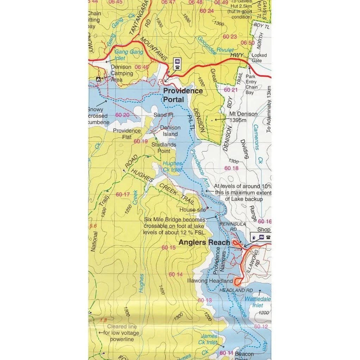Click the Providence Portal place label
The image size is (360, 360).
[x=183, y=95]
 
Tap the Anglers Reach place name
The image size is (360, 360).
[x=204, y=242]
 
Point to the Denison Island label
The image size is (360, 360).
[x=170, y=131]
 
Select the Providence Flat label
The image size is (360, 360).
[x=127, y=134]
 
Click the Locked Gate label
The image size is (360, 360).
[x=259, y=58]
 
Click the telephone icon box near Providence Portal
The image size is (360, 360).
[x=177, y=64]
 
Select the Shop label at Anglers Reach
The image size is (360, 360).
[x=264, y=230]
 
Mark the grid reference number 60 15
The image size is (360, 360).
[x=168, y=248]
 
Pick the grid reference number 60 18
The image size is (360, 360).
[x=231, y=168]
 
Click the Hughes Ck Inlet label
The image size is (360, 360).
[x=172, y=167]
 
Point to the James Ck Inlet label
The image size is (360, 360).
[x=209, y=339]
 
